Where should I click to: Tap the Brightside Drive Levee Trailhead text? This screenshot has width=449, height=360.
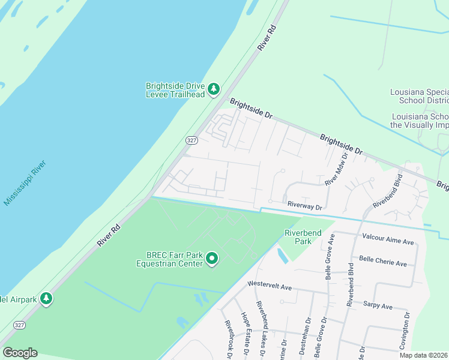click(x=175, y=89)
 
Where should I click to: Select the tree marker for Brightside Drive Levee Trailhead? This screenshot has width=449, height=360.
click(x=213, y=89)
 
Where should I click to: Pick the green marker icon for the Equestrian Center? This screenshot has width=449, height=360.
click(x=212, y=259)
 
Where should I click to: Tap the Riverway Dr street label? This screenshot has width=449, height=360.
click(x=304, y=206)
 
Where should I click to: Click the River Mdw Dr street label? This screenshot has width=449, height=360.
click(x=336, y=170)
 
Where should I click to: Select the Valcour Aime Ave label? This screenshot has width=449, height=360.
click(x=388, y=241)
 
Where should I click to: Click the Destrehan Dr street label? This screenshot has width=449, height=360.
click(x=308, y=338)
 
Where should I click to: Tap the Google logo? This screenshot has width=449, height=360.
click(x=20, y=353)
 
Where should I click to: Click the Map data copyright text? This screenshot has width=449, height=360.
click(x=424, y=355)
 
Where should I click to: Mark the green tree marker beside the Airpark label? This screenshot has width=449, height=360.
click(x=46, y=298)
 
